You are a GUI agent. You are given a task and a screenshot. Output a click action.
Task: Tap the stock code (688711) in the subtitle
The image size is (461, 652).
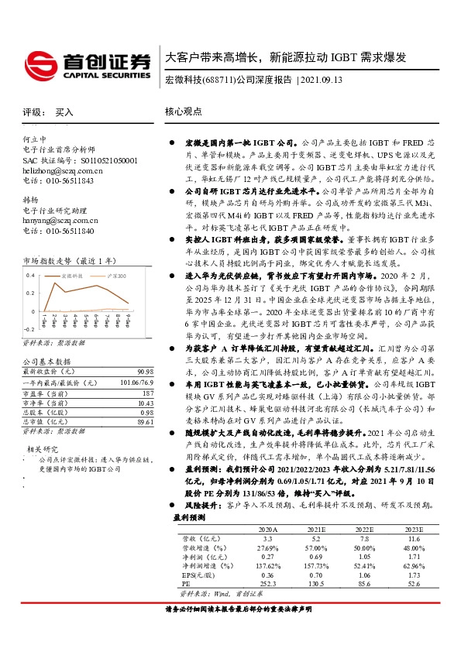click(218, 81)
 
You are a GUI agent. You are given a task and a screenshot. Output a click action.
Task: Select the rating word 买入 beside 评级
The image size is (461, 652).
click(64, 112)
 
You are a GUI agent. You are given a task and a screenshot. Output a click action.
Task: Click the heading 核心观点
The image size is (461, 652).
click(184, 112)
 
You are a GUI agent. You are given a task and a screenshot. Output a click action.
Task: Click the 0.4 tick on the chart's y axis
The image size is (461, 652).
click(30, 276)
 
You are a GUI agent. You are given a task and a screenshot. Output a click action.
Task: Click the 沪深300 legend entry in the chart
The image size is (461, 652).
click(117, 276)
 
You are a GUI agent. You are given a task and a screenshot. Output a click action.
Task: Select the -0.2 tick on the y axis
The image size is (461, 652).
click(29, 329)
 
